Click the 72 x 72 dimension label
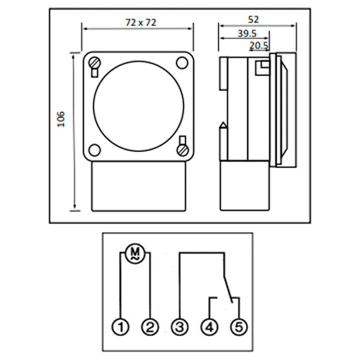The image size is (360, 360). coord(141,22)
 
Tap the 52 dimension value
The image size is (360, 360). coord(253,20)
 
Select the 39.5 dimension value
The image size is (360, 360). coord(247,34)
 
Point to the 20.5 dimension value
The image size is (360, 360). coord(259,46)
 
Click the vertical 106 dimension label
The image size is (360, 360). coord(61,120)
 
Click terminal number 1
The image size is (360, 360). coord(120,327)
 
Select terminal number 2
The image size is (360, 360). coord(150,327)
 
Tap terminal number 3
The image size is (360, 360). coord(180,327)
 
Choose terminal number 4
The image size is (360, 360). coord(210,327)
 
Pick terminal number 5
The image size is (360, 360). coord(239,327)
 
